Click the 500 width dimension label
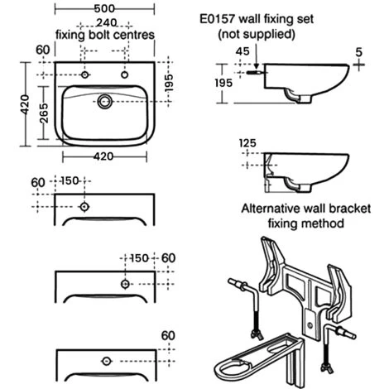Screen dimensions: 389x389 coord(104,8)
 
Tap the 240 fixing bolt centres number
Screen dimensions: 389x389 coord(107,22)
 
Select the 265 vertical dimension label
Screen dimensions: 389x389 coord(44,113)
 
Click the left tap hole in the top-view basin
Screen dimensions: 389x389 coord(84,74)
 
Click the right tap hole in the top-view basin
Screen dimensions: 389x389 coord(125,74)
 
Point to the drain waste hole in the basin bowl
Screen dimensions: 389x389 coord(105,102)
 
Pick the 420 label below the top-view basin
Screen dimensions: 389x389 coord(103,156)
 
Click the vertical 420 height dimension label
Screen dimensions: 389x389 coord(25,104)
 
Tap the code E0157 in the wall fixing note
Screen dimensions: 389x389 coord(218,19)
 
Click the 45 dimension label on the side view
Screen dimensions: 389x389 coord(243,51)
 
